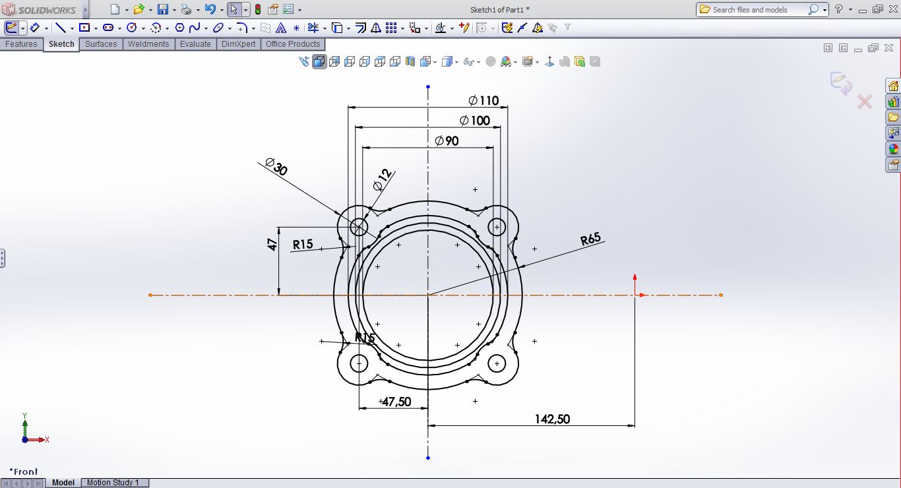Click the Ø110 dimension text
(x=484, y=100)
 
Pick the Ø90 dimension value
(x=447, y=140)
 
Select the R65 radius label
(x=590, y=239)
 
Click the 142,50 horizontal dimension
(x=552, y=419)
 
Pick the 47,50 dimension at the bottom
(x=396, y=402)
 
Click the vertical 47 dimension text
(x=272, y=245)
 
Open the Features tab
(x=21, y=44)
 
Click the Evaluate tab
(x=195, y=44)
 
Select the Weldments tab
(x=148, y=44)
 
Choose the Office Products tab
(x=292, y=44)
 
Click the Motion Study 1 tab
(x=113, y=483)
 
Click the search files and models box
(x=757, y=10)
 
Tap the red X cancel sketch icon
(x=864, y=102)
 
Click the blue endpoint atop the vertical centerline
(x=428, y=86)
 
